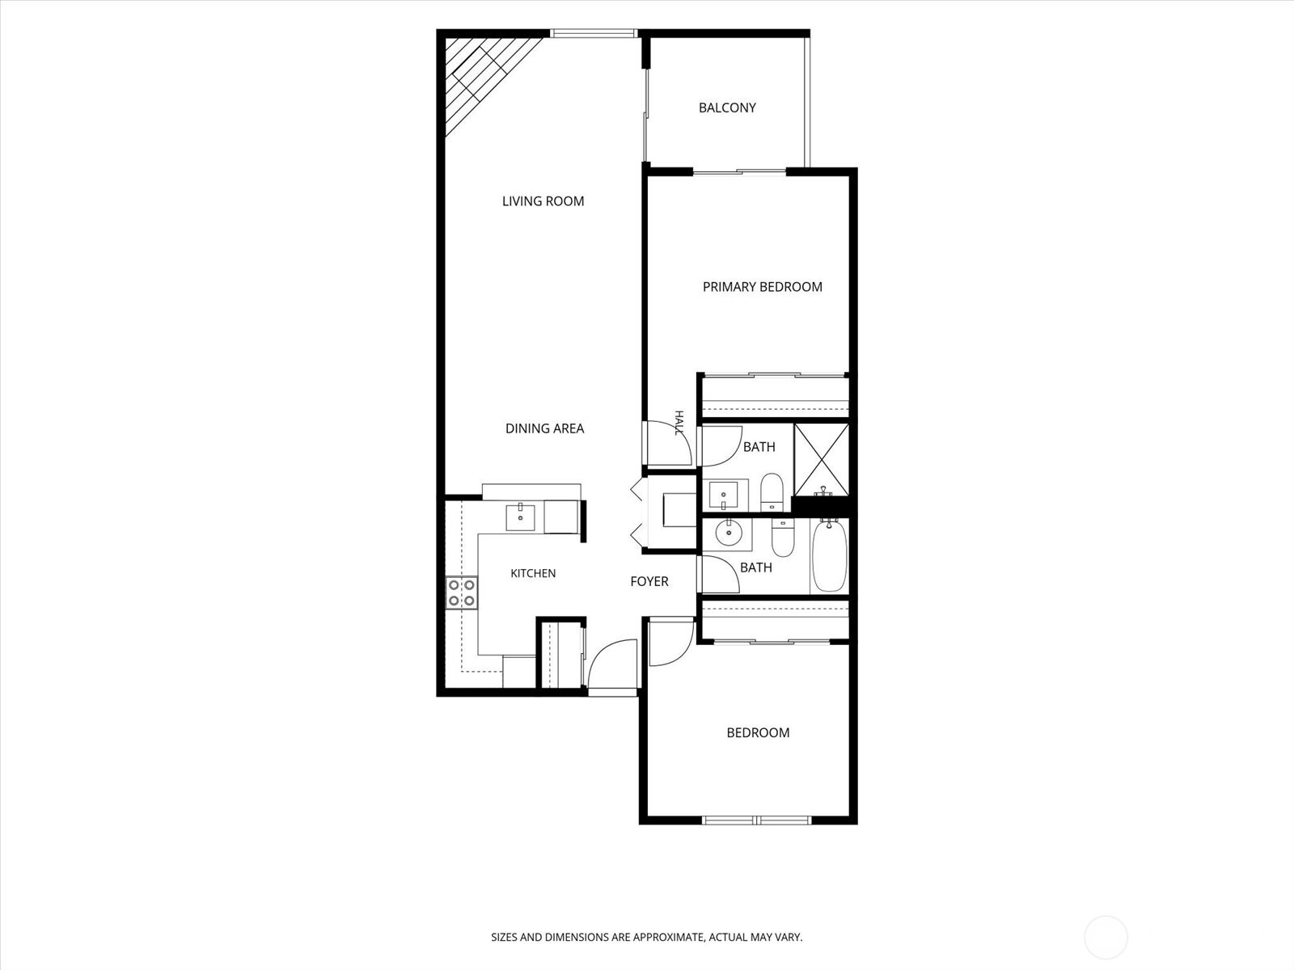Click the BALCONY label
coord(727,108)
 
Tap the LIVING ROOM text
coord(543,201)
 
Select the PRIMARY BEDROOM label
coord(763,287)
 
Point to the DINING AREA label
coord(545,428)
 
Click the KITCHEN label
coord(533,574)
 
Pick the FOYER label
coord(649,582)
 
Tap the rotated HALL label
coord(679,423)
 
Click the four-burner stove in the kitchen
coord(462,593)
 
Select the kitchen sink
coord(521,517)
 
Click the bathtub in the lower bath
coord(830,555)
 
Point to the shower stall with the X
coord(821,460)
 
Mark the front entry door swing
coord(613,663)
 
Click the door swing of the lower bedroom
coord(671,643)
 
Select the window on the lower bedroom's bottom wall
coord(757,820)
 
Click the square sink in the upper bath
coord(723,494)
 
